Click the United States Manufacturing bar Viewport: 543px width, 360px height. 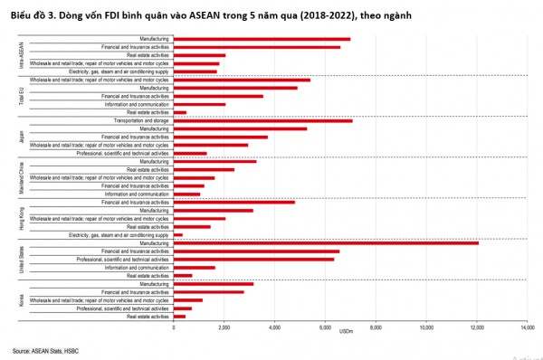pyautogui.click(x=326, y=243)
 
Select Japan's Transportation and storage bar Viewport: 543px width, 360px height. pyautogui.click(x=262, y=120)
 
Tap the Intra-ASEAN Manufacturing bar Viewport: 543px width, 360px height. pyautogui.click(x=262, y=39)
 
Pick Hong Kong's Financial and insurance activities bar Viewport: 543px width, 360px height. pyautogui.click(x=233, y=202)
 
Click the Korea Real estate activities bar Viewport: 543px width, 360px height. pyautogui.click(x=179, y=317)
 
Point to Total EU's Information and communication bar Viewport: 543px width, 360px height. pyautogui.click(x=199, y=104)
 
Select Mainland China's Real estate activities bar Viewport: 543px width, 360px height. pyautogui.click(x=204, y=169)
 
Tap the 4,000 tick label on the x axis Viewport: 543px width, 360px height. pyautogui.click(x=275, y=327)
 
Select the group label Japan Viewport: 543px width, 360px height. pyautogui.click(x=22, y=137)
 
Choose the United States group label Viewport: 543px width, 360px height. pyautogui.click(x=22, y=259)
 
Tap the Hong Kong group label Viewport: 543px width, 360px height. pyautogui.click(x=22, y=218)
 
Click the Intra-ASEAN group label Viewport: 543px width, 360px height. pyautogui.click(x=22, y=54)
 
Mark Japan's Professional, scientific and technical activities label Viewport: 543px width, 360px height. pyautogui.click(x=123, y=153)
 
